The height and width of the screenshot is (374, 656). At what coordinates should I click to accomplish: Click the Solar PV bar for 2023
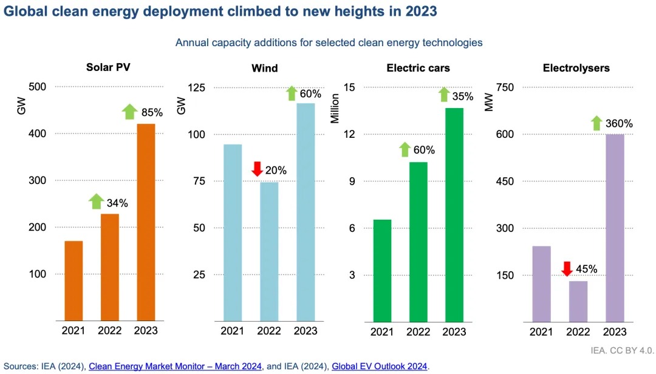[x=146, y=222]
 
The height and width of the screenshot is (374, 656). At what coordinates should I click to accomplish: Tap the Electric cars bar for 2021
[x=383, y=270]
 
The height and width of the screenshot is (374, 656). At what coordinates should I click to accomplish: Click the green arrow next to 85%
[x=129, y=112]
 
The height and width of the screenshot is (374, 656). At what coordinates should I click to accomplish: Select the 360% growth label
[x=620, y=123]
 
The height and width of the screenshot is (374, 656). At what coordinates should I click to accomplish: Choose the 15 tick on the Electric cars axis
[x=349, y=87]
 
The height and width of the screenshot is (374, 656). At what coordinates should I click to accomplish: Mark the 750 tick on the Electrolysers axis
[x=505, y=87]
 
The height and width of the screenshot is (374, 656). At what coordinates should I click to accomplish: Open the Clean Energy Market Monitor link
[x=176, y=366]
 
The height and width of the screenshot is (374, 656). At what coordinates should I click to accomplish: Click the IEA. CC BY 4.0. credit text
[x=620, y=350]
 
